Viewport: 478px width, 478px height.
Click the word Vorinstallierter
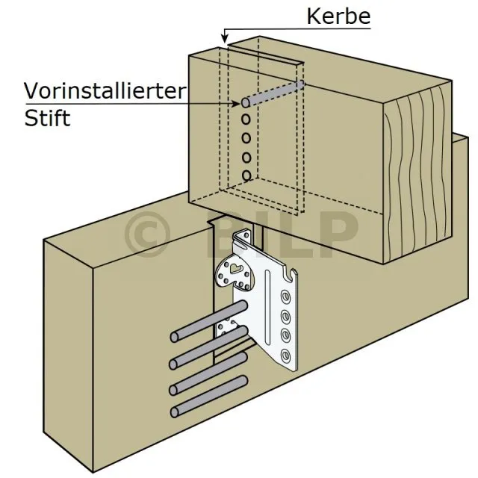(104, 91)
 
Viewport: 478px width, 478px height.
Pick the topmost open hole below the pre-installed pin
(245, 119)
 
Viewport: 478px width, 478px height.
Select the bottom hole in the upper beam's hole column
(246, 175)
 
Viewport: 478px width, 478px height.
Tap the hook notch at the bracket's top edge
(293, 273)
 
